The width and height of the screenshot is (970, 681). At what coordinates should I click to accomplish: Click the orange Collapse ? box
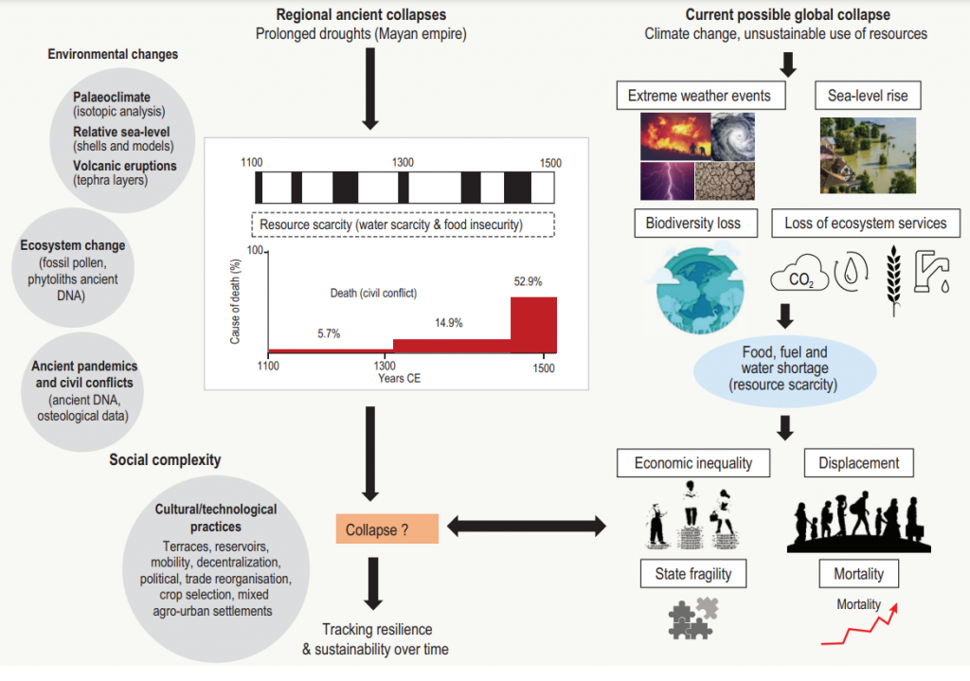[x=386, y=529]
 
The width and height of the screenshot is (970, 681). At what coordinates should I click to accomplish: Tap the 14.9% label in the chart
[x=448, y=323]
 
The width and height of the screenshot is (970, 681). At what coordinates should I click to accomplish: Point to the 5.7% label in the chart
[x=328, y=333]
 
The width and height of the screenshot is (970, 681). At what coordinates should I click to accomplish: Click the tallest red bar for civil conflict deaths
[x=533, y=324]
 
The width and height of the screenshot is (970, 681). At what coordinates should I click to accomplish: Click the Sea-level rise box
[x=868, y=96]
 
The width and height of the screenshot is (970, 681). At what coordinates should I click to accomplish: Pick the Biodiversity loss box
[x=698, y=224]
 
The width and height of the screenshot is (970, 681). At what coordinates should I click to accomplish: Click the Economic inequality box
[x=692, y=463]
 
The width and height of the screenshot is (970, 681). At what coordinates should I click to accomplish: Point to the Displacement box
[x=859, y=463]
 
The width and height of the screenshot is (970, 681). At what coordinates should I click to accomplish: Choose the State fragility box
[x=692, y=573]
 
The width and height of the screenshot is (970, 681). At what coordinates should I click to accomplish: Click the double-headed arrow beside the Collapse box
[x=527, y=524]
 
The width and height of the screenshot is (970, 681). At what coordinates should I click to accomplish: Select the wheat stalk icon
[x=891, y=276]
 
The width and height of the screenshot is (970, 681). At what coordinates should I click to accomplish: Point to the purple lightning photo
[x=667, y=179]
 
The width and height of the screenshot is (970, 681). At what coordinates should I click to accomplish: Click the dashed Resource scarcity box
[x=404, y=224]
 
